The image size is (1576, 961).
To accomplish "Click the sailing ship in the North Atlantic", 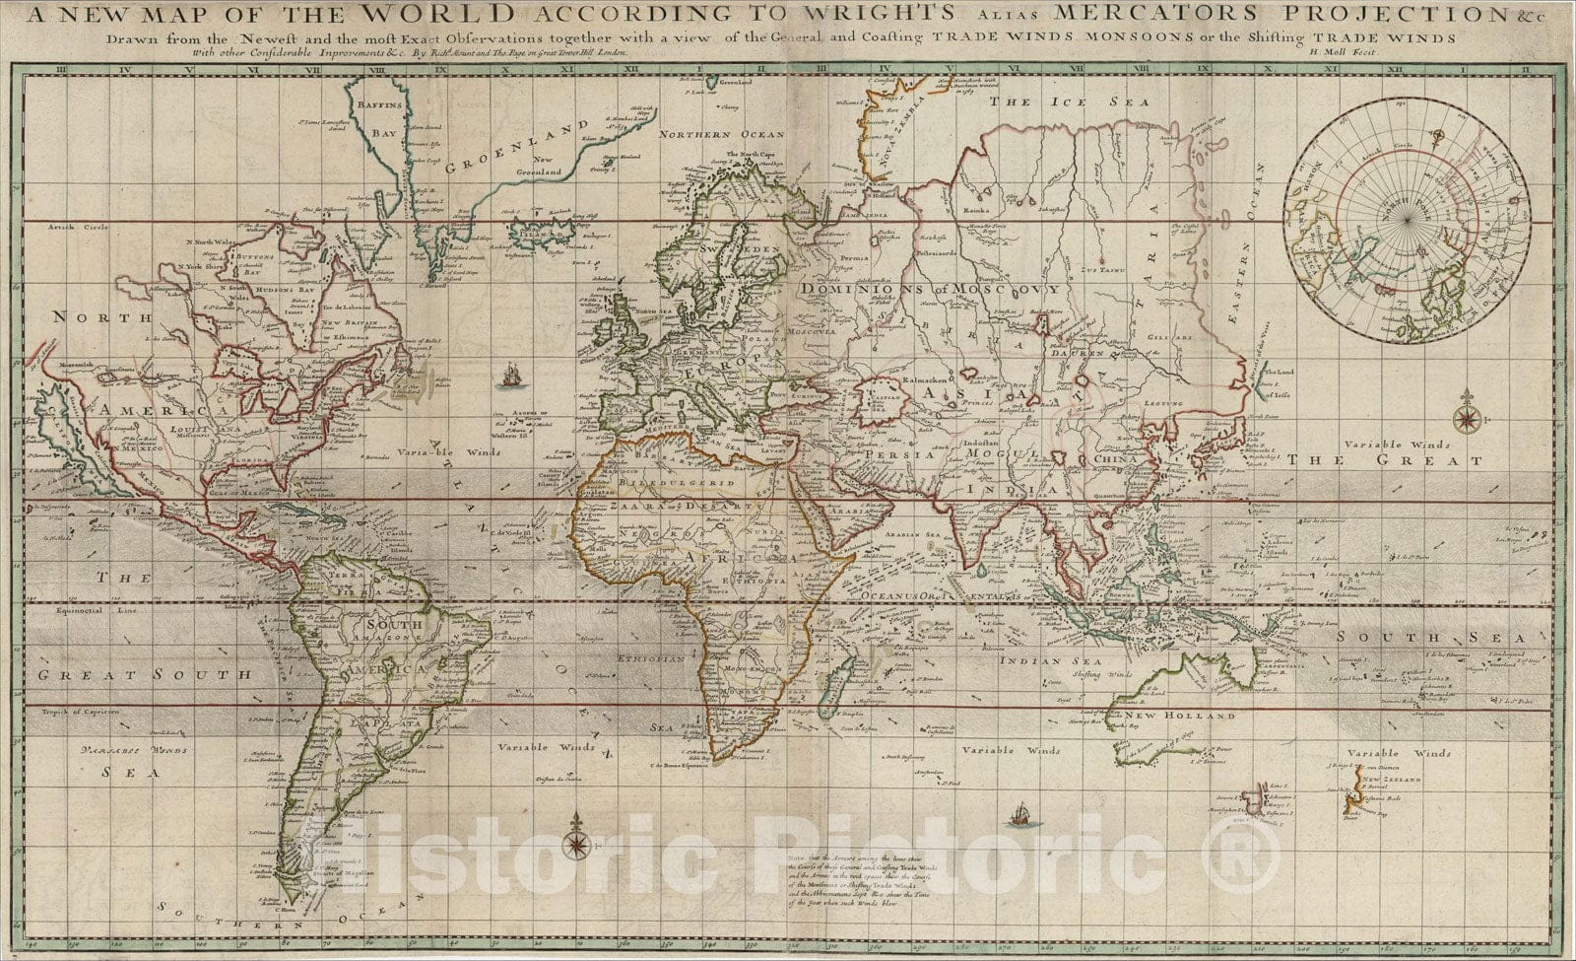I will point(510,376).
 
